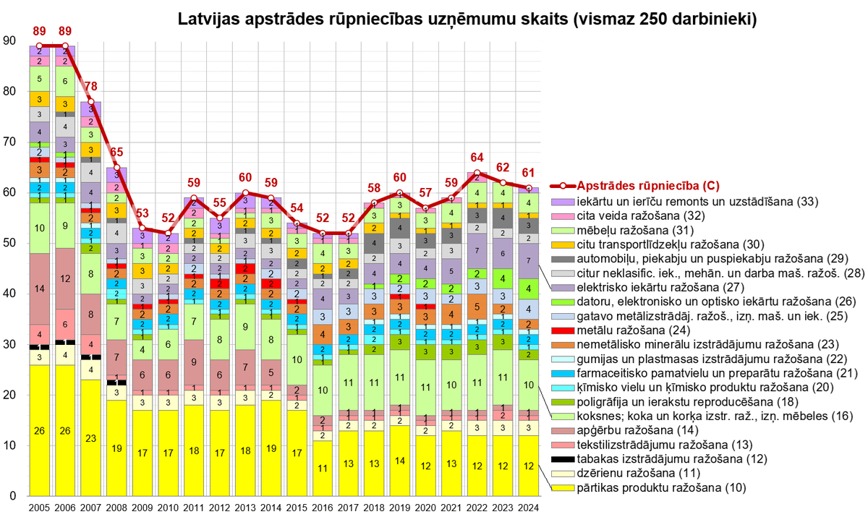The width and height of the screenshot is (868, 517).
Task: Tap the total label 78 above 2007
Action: (90, 87)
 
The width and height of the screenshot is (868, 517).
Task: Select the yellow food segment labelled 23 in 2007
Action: (90, 437)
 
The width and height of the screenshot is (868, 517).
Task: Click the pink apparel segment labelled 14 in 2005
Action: (39, 289)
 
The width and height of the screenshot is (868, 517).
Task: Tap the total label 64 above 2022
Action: (477, 158)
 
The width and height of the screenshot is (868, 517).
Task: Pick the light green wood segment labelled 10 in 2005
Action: (39, 228)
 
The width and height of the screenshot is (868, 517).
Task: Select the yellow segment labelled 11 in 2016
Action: (322, 468)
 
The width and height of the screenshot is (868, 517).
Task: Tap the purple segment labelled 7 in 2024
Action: (529, 260)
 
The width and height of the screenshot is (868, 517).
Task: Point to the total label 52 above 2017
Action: (348, 218)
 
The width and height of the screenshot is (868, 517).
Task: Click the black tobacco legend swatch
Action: (558, 459)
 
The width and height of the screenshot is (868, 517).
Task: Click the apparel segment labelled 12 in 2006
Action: (64, 278)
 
